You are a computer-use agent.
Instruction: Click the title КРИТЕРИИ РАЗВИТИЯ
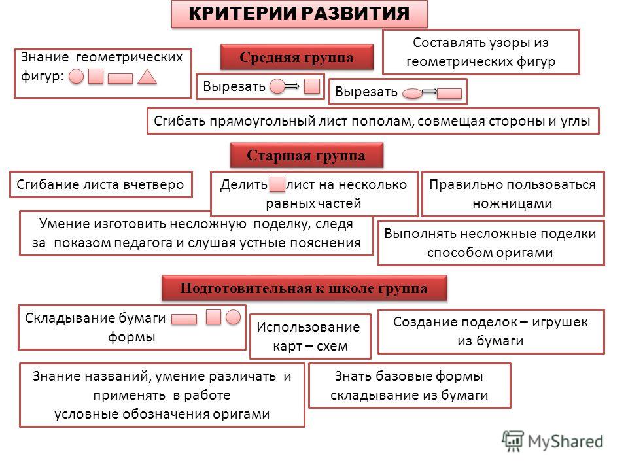299,13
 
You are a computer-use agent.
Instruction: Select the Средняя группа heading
297,58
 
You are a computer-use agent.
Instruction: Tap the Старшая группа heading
306,156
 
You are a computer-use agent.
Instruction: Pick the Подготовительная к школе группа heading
304,288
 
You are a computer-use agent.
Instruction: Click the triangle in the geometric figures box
147,77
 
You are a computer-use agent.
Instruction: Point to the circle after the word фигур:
77,76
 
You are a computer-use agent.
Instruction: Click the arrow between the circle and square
292,86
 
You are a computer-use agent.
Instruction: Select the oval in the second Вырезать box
412,94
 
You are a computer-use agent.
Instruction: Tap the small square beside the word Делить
277,184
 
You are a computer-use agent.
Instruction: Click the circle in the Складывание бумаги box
233,317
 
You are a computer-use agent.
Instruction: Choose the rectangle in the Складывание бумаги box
184,319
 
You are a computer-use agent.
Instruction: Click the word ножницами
512,203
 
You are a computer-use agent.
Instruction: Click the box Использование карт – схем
310,336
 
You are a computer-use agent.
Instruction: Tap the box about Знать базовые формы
410,386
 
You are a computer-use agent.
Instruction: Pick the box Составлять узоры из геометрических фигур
481,52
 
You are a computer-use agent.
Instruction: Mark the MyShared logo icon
513,441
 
